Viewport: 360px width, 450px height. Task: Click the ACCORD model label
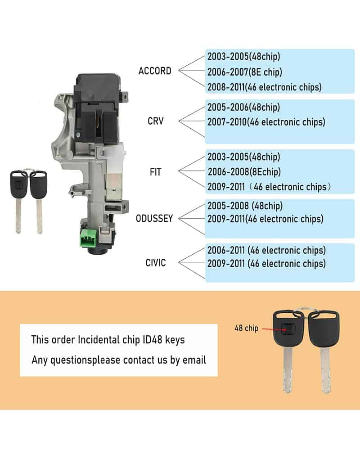155,71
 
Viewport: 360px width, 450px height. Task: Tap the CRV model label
156,121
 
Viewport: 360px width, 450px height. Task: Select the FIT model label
156,172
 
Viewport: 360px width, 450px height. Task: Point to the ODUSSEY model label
154,219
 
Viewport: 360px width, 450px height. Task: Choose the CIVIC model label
156,263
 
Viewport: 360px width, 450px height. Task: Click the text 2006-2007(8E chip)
245,72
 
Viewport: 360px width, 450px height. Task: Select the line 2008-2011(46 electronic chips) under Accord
265,87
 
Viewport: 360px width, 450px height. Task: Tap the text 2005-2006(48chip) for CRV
243,108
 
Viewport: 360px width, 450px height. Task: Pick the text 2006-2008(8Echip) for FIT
244,172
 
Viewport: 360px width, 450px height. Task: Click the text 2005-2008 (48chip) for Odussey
245,206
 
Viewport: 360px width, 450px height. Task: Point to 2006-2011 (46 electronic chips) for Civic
266,250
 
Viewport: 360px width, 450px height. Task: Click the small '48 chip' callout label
246,328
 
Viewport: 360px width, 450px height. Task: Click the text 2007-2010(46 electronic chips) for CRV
266,122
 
